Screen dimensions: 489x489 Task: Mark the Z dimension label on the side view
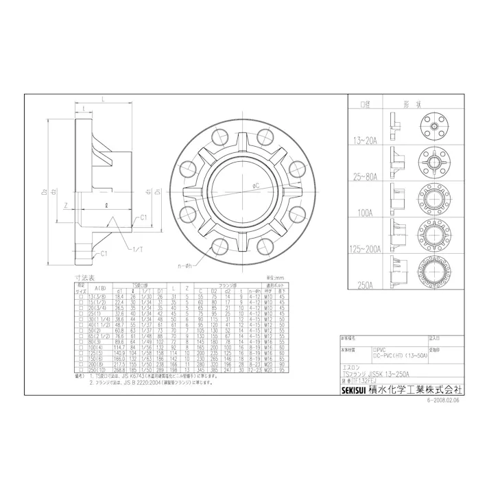[x=64, y=204]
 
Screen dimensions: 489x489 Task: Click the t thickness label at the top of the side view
[x=82, y=108]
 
